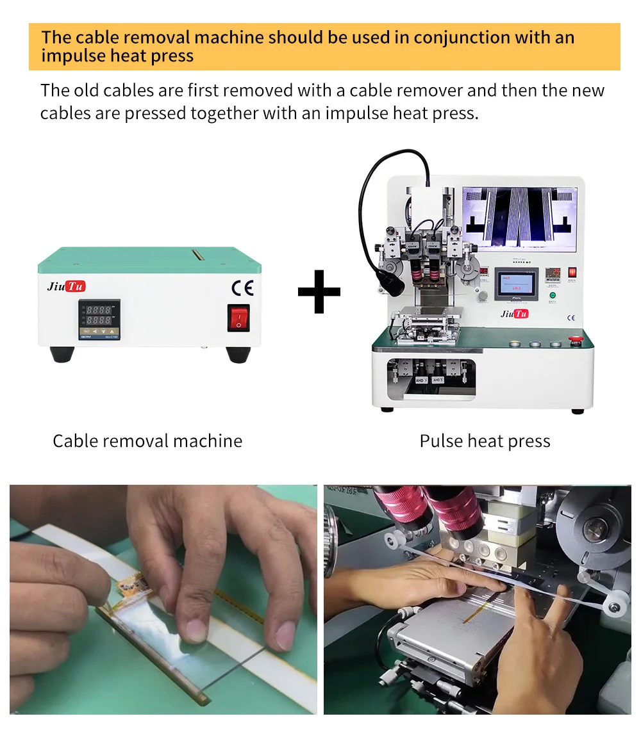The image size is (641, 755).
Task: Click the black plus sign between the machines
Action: coord(319,291)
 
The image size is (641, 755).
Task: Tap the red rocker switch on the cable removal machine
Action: coord(238,318)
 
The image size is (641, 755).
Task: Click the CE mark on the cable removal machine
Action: coord(242,287)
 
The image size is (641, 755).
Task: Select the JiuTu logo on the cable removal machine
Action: coord(66,286)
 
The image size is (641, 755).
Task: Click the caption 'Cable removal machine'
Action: coord(147,441)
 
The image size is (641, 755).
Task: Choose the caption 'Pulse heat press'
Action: coord(485,441)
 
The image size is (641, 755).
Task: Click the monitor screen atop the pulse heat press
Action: coord(519,218)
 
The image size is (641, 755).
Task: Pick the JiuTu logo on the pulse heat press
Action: coord(514,314)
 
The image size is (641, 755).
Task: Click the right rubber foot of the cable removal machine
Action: coord(238,354)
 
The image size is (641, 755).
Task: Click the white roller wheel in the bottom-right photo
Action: coord(617,604)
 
